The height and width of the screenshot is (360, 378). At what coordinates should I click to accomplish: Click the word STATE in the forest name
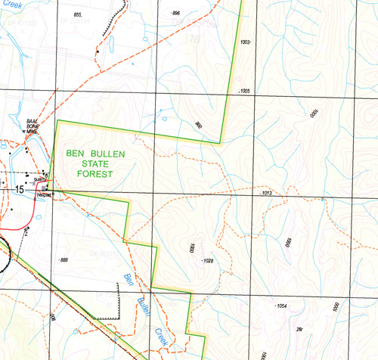pos(94,163)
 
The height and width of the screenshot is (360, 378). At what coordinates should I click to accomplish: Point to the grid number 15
pos(19,190)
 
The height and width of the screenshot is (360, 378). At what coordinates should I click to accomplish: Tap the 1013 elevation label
pos(265,194)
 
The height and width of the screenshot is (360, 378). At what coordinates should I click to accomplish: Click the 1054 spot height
pos(281,306)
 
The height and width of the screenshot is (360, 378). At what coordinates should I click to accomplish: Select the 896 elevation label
pos(176,14)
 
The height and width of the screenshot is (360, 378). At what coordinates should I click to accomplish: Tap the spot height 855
pos(77,15)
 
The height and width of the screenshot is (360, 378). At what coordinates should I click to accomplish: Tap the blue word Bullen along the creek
pos(143,306)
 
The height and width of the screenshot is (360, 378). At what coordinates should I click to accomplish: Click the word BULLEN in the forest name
pos(108,153)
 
